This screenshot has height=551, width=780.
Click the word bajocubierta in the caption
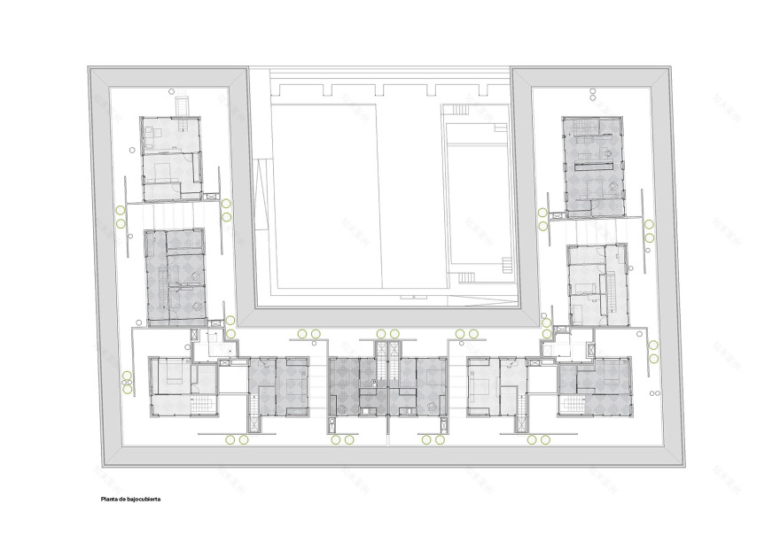tap(144, 499)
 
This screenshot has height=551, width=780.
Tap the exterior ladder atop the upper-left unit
tap(182, 105)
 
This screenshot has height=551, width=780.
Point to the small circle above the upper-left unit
tap(168, 89)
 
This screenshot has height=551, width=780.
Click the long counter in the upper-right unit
tap(592, 166)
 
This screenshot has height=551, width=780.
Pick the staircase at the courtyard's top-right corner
tap(458, 109)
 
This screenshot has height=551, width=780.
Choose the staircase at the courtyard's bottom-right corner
tap(506, 265)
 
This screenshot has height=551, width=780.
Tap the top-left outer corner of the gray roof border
tap(88, 66)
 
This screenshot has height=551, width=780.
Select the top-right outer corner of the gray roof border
tap(671, 66)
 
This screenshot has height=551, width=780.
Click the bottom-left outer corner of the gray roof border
tap(104, 467)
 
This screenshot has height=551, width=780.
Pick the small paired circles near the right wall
tap(655, 394)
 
